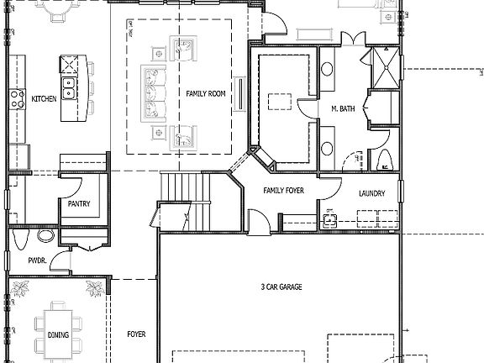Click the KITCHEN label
(x=44, y=99)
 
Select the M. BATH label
(x=342, y=109)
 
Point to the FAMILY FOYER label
(x=283, y=191)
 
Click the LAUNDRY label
(x=371, y=193)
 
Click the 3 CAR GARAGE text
(x=281, y=287)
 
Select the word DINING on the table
(x=59, y=335)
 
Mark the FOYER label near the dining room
(x=136, y=334)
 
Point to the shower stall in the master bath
(x=387, y=70)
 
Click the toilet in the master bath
(x=384, y=160)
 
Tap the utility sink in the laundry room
(x=331, y=221)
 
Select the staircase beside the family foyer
(x=182, y=187)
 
